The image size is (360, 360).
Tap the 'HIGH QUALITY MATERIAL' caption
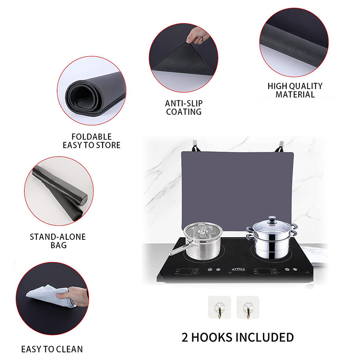click(x=295, y=90)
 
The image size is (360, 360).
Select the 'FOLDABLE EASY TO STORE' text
click(x=91, y=141)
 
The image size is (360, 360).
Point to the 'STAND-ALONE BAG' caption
click(x=58, y=241)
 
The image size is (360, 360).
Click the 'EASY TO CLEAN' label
click(x=52, y=349)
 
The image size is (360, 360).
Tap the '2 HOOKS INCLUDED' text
click(x=238, y=337)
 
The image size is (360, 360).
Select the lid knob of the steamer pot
click(x=271, y=219)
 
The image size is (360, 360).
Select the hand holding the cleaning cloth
click(x=79, y=297)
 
